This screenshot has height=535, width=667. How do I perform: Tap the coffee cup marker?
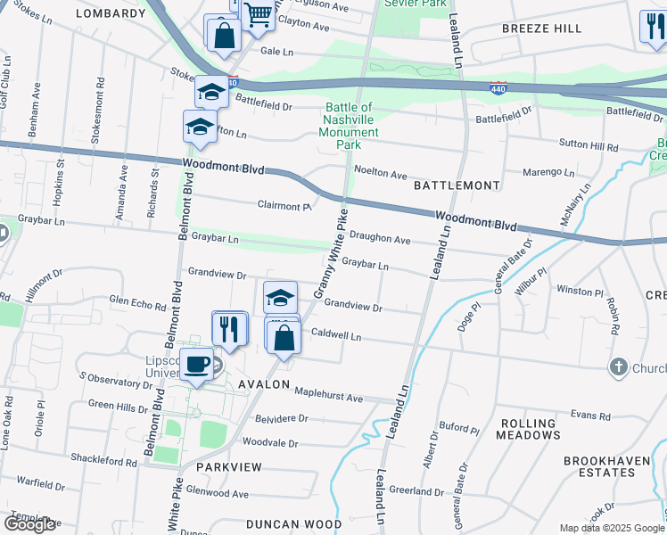tap(196, 364)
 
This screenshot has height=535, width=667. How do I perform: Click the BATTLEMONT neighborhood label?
tap(457, 185)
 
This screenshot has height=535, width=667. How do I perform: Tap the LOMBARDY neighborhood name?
tap(111, 13)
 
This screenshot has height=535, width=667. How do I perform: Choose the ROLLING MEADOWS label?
tap(530, 429)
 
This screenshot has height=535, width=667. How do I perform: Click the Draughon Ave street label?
tap(379, 240)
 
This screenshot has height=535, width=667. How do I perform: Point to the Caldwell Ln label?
tap(336, 336)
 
